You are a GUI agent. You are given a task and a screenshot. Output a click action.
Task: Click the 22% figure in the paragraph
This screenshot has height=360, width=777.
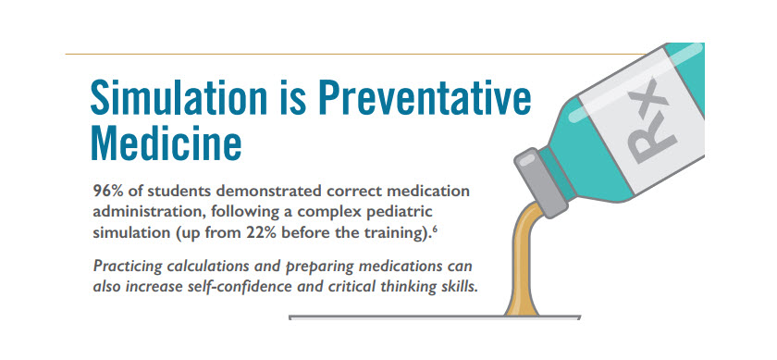[x=259, y=233]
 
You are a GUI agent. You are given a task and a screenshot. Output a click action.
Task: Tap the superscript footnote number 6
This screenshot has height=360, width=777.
[x=434, y=229]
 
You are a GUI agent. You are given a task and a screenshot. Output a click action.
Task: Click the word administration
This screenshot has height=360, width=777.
[x=148, y=212]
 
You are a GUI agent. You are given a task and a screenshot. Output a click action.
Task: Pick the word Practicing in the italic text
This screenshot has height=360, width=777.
[x=128, y=267]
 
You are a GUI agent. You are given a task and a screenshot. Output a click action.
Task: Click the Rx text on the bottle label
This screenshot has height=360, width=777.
[x=651, y=121]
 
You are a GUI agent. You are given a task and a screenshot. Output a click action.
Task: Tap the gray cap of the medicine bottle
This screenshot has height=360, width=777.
[x=541, y=183]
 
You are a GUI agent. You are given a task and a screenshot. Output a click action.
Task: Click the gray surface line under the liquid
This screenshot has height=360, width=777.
[x=434, y=317]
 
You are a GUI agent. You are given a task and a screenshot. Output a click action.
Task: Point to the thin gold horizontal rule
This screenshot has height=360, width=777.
[x=356, y=54]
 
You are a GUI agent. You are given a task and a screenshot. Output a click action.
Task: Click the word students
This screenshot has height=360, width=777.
[x=179, y=191]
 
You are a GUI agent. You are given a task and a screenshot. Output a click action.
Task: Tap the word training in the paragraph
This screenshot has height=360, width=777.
[x=389, y=233]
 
